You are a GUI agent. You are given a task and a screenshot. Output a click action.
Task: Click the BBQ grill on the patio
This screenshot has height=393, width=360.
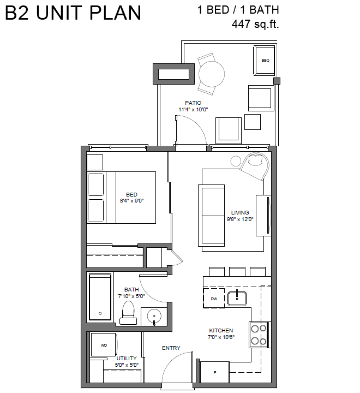[264, 61]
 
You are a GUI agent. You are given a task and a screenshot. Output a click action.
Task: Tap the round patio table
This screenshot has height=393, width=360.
[212, 74]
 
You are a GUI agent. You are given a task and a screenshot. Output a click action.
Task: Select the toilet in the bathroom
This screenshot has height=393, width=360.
[128, 313]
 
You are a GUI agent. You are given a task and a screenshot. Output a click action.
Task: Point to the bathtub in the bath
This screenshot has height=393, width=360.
[100, 297]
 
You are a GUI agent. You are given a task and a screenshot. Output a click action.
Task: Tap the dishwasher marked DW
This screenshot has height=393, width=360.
[214, 298]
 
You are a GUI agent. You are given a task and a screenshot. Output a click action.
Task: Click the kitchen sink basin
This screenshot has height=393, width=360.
[237, 299]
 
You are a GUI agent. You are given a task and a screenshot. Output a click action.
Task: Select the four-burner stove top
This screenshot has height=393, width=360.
[259, 335]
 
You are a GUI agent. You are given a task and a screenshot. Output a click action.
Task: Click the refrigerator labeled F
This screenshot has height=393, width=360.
[214, 372]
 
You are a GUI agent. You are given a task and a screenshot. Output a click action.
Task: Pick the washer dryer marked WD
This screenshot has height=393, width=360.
[103, 345]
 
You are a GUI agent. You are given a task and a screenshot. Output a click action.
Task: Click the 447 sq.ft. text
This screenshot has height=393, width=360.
[255, 24]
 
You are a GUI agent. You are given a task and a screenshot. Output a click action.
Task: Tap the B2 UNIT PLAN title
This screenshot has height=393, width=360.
[73, 13]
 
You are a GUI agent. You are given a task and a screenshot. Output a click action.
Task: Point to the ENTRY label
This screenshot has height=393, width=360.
[171, 348]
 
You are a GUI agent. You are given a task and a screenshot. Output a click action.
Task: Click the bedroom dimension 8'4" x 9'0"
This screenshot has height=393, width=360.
[132, 201]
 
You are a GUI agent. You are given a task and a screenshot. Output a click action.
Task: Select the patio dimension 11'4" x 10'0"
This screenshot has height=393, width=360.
[193, 110]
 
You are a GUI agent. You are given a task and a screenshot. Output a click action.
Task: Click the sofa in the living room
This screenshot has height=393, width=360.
[212, 216]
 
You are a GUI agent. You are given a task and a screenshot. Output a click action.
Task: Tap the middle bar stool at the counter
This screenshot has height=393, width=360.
[237, 272]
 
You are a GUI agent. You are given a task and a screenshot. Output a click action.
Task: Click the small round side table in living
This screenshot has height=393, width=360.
[236, 161]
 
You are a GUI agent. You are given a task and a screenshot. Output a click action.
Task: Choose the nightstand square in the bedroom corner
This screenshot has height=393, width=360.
[95, 163]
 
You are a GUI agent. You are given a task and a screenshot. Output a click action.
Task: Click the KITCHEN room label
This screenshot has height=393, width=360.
[221, 330]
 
